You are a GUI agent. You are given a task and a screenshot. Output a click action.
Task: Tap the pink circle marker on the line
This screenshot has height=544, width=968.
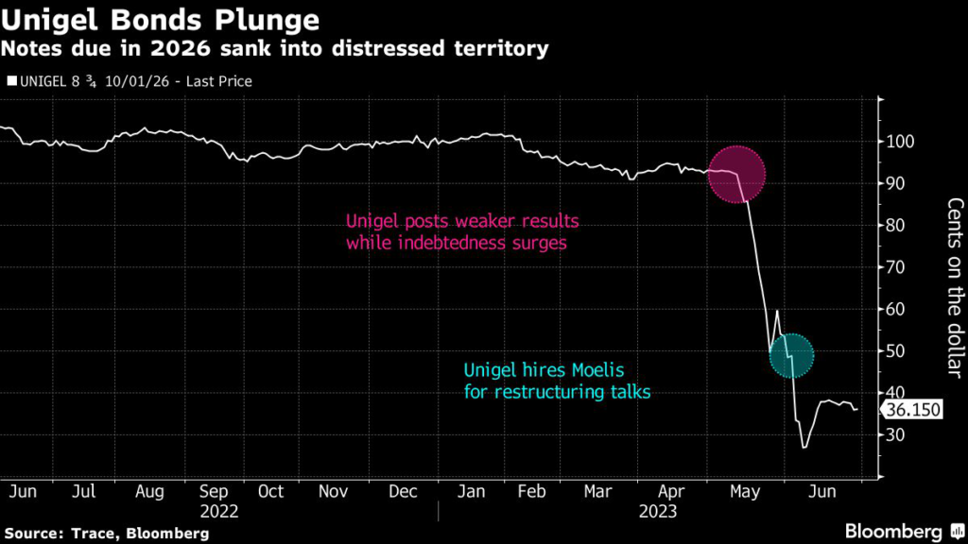[x=736, y=175]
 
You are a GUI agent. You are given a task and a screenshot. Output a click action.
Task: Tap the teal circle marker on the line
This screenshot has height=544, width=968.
[x=791, y=355]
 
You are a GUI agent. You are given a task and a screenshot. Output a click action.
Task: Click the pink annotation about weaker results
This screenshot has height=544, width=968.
[x=461, y=232]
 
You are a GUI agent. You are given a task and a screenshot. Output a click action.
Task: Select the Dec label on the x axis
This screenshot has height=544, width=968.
[x=404, y=492]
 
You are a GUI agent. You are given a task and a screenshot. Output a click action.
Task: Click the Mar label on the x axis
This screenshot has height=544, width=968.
[x=597, y=492]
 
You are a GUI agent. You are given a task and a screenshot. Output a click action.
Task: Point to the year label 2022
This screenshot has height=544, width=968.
[x=219, y=511]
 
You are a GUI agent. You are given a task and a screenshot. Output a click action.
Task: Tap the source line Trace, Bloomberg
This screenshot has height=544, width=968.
[x=106, y=534]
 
